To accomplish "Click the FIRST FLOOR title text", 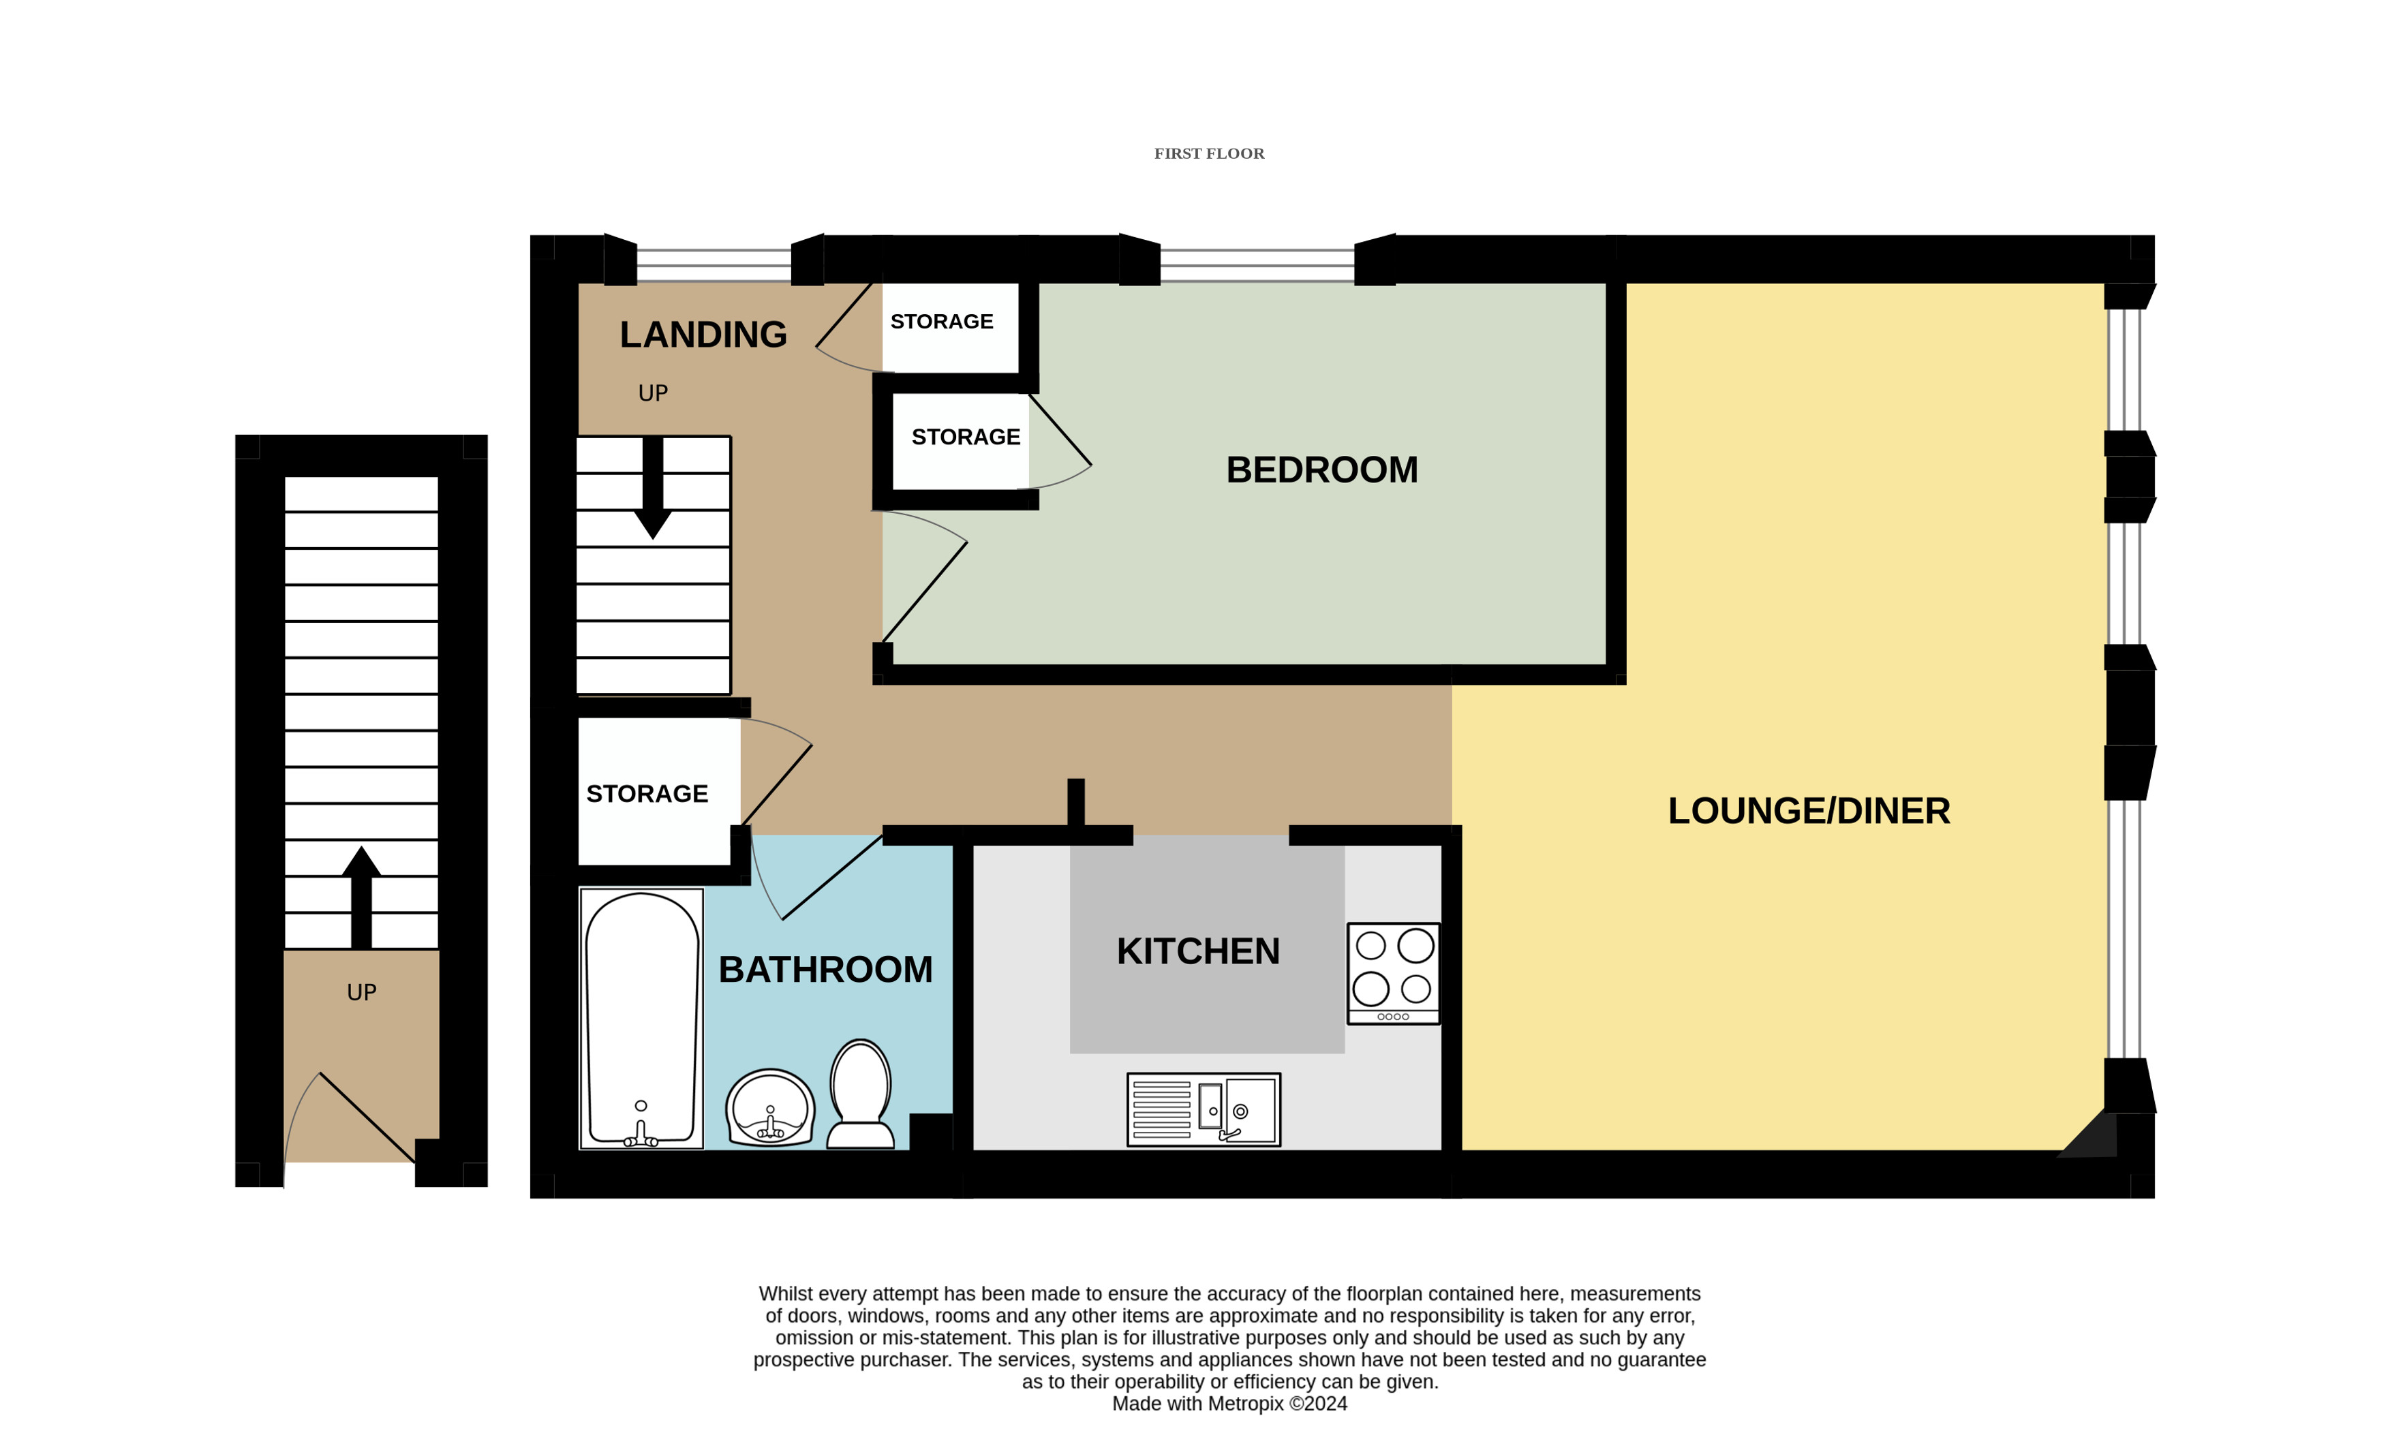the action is pyautogui.click(x=1208, y=153).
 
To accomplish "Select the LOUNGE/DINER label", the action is pyautogui.click(x=1809, y=811).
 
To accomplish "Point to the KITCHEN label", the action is pyautogui.click(x=1197, y=951).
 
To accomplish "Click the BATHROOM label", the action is pyautogui.click(x=826, y=970).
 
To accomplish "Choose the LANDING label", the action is pyautogui.click(x=703, y=334).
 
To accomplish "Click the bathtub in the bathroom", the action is pyautogui.click(x=641, y=1019).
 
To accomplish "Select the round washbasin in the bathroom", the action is pyautogui.click(x=769, y=1109).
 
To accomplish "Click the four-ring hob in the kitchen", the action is pyautogui.click(x=1394, y=973).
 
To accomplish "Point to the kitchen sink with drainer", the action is pyautogui.click(x=1204, y=1109).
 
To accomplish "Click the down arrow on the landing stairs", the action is pyautogui.click(x=653, y=488).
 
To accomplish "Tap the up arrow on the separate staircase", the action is pyautogui.click(x=361, y=898).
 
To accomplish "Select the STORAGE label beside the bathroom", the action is pyautogui.click(x=647, y=794).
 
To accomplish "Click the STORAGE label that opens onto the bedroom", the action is pyautogui.click(x=966, y=437).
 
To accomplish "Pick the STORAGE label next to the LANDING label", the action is pyautogui.click(x=942, y=322).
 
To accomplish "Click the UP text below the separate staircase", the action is pyautogui.click(x=361, y=993).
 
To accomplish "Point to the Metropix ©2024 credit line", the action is pyautogui.click(x=1229, y=1404).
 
